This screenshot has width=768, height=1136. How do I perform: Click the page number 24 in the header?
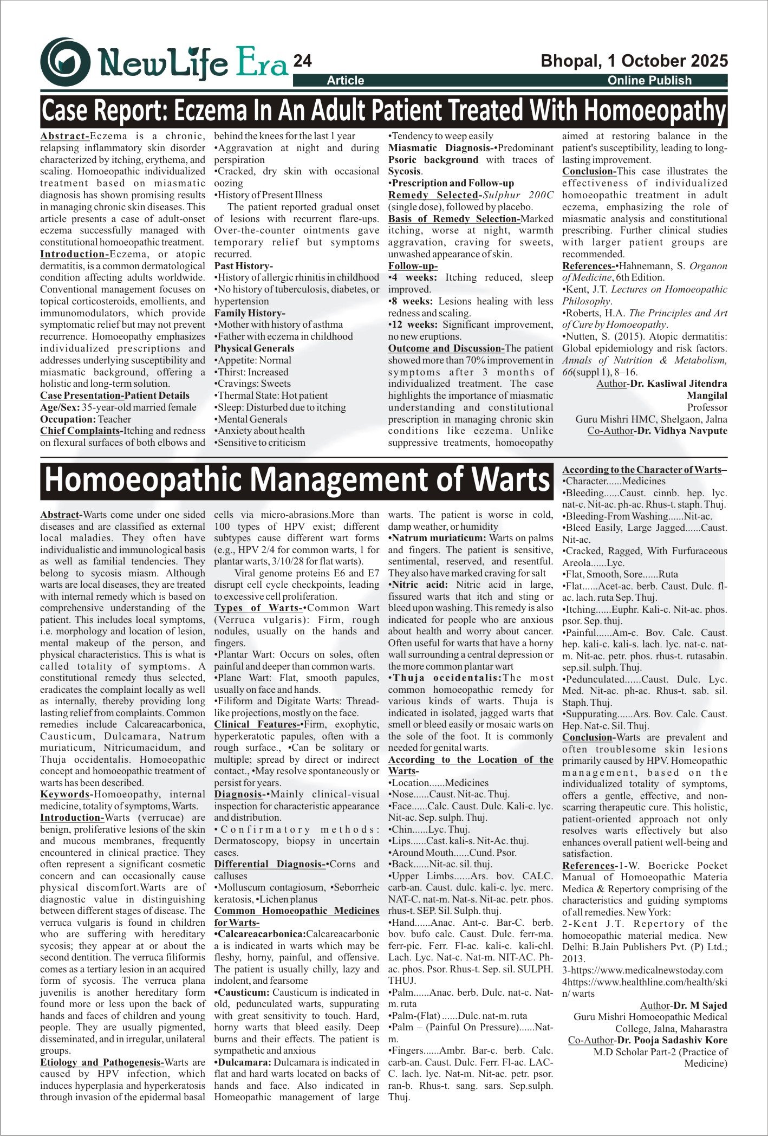(x=302, y=61)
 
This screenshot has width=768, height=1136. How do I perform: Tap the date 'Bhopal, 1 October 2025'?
(x=634, y=61)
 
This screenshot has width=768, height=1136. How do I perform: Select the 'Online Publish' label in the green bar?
(x=649, y=81)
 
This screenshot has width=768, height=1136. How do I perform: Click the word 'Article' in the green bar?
(x=346, y=81)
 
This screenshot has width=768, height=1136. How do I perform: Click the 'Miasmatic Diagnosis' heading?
(x=441, y=148)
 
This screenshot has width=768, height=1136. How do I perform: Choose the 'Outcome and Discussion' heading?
(x=445, y=348)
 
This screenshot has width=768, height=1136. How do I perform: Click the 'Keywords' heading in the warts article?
(x=65, y=794)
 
